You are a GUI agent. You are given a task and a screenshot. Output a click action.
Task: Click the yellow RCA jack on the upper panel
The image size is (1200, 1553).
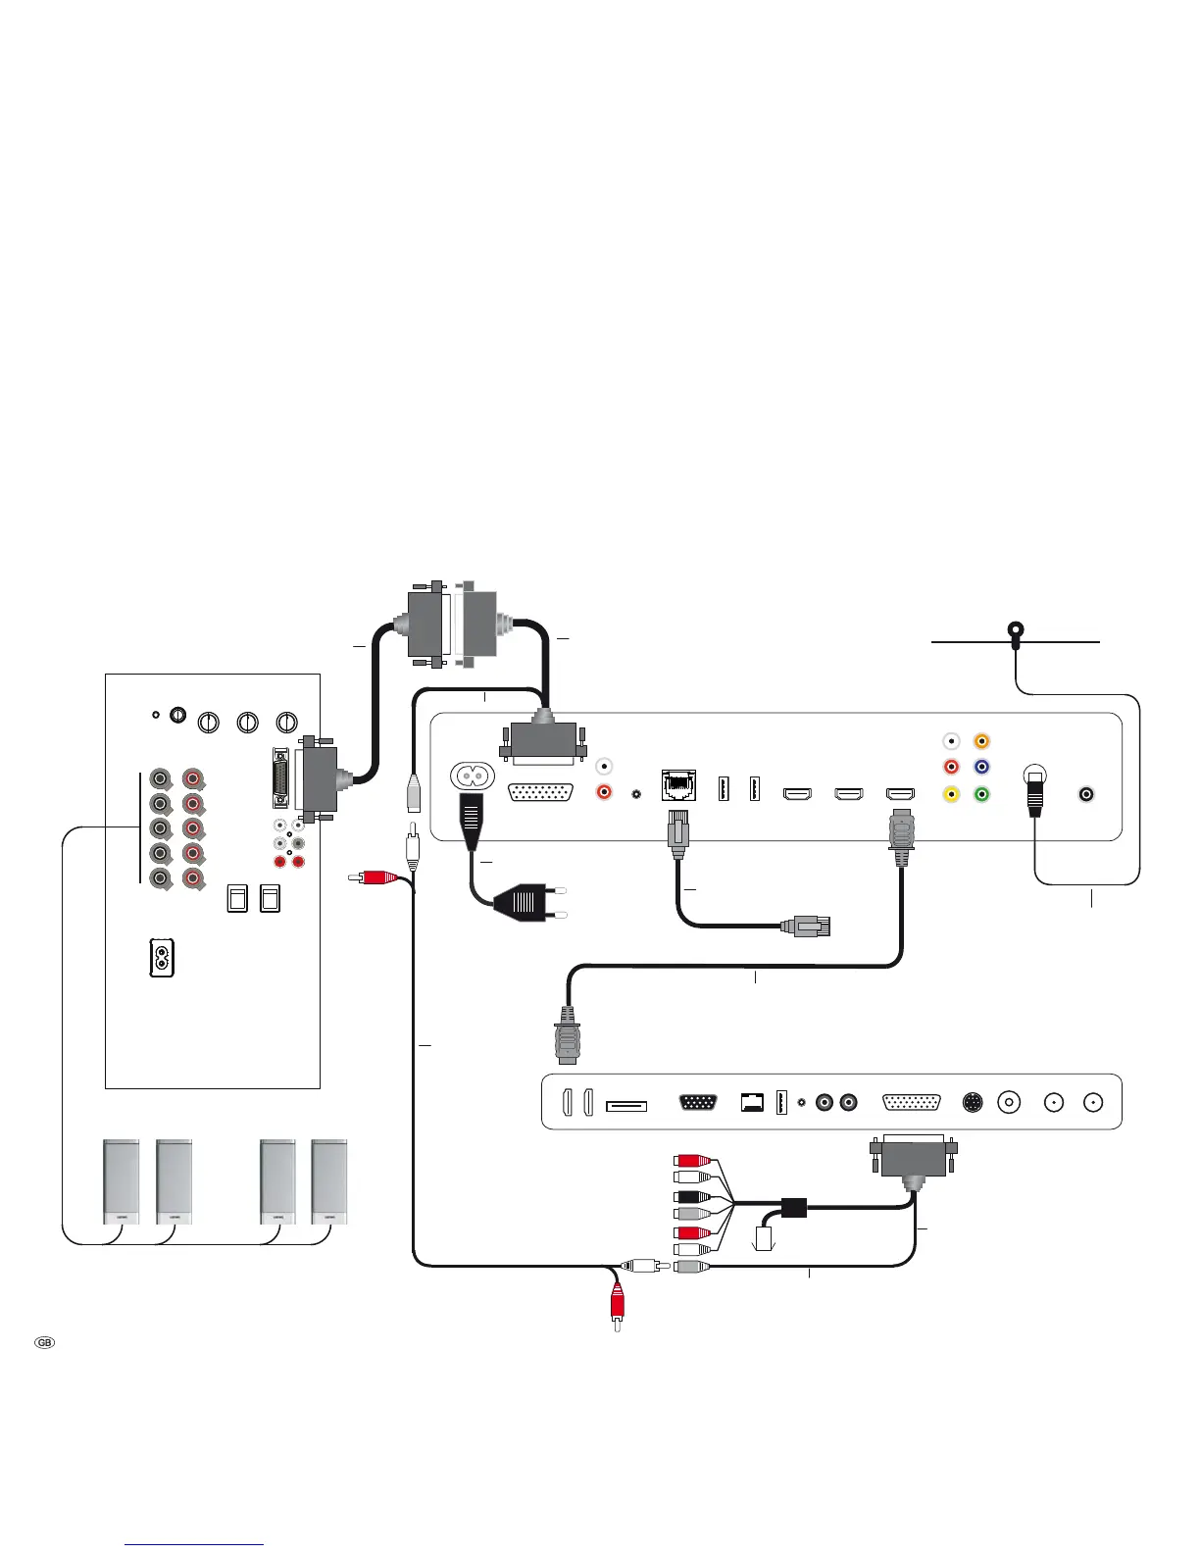click(950, 794)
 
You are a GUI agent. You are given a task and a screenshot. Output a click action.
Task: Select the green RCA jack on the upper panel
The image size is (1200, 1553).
click(981, 794)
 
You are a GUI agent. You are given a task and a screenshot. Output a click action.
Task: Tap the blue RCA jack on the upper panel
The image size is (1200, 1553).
click(981, 768)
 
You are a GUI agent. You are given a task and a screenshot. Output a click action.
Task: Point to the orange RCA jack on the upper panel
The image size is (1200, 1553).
click(981, 742)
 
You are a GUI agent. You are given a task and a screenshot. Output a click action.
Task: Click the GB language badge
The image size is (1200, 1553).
click(44, 1342)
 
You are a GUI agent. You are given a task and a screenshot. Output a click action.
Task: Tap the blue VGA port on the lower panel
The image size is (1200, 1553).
click(697, 1102)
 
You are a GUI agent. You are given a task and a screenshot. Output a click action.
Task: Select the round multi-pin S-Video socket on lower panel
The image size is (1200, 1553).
click(972, 1102)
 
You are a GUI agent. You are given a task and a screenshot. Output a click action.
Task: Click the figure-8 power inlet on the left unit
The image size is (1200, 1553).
click(160, 958)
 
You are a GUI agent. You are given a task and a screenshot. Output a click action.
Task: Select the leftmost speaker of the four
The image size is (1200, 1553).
click(122, 1181)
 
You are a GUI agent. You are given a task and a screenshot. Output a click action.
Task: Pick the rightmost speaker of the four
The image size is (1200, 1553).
click(329, 1181)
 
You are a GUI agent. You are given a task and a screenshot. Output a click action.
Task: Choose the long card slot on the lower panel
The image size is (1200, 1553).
click(626, 1106)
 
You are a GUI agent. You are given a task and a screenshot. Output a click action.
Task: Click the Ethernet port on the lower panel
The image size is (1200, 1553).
click(751, 1102)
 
